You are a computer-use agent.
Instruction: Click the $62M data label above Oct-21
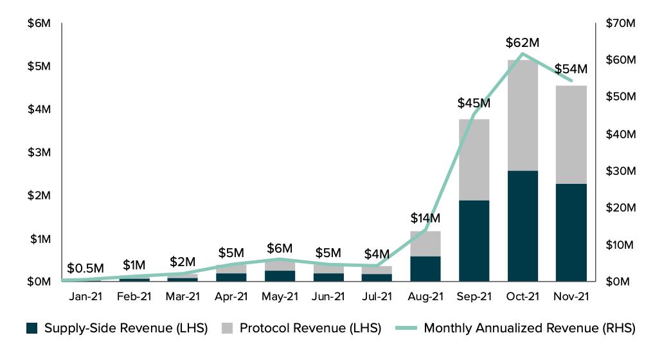pos(522,43)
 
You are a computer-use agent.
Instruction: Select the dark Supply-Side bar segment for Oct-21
pos(522,226)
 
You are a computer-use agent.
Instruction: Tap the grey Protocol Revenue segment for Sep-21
pos(474,159)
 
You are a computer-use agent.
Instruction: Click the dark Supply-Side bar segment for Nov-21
pos(571,232)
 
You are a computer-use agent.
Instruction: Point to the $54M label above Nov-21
pos(570,69)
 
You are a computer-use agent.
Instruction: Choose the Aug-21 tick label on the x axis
pos(425,296)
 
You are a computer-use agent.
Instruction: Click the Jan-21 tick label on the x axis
pos(85,296)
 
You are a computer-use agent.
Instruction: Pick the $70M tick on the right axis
pos(621,23)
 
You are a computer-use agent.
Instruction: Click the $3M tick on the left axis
pos(39,152)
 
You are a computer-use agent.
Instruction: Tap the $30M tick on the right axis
pos(621,171)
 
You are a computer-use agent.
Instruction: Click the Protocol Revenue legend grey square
pos(227,328)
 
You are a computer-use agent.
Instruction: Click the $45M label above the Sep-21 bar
pos(474,103)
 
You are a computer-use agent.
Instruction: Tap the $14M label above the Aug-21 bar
pos(425,218)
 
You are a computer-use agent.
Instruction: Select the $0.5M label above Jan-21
pos(85,268)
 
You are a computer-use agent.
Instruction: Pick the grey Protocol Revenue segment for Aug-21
pos(425,243)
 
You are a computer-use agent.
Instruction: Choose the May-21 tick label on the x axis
pos(280,296)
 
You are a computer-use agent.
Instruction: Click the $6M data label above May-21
pos(280,248)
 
